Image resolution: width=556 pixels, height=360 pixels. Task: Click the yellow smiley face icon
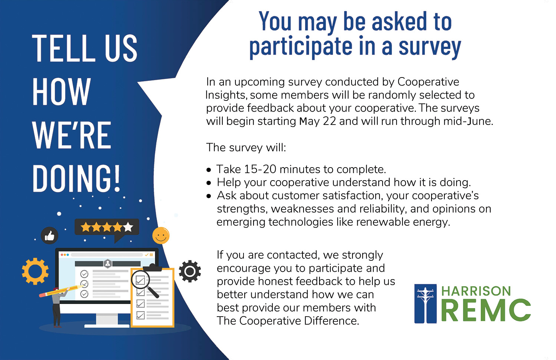click(161, 235)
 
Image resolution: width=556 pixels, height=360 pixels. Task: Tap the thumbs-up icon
click(50, 235)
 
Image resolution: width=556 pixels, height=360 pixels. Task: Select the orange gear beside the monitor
click(35, 271)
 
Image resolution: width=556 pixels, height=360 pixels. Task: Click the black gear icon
click(190, 271)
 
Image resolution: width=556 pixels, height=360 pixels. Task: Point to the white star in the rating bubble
click(128, 227)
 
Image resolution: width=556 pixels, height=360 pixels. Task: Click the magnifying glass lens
click(140, 280)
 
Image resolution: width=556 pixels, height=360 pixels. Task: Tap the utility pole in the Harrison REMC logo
click(426, 303)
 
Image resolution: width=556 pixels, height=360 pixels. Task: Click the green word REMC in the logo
click(486, 310)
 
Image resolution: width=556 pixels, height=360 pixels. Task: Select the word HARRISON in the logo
click(476, 291)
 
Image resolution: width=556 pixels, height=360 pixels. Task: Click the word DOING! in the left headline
click(76, 178)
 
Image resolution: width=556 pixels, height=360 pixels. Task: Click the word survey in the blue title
click(430, 47)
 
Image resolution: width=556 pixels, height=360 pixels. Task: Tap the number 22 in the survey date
click(330, 121)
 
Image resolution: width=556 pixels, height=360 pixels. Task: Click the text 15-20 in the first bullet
click(260, 169)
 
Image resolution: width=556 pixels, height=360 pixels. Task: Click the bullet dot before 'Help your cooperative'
click(209, 183)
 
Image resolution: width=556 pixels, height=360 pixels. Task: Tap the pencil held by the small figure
click(61, 291)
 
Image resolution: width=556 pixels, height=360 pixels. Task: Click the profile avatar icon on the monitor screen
click(107, 264)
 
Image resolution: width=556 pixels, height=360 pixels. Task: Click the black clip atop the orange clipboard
click(152, 268)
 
